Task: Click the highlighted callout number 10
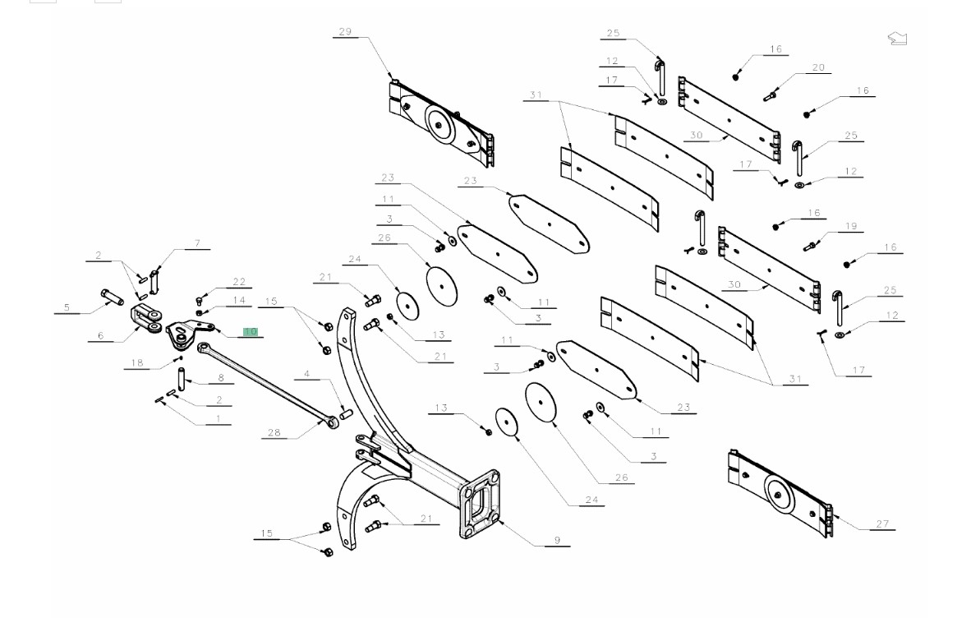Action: click(250, 332)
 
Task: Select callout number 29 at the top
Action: click(344, 32)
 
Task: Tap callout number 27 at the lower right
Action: click(882, 523)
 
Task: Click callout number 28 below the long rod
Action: click(274, 432)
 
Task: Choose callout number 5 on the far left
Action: click(67, 308)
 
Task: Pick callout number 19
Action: click(850, 226)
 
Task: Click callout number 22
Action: click(238, 282)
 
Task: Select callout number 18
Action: click(137, 362)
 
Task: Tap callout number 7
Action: click(197, 243)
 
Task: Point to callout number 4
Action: click(306, 375)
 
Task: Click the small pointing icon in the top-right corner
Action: click(897, 38)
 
